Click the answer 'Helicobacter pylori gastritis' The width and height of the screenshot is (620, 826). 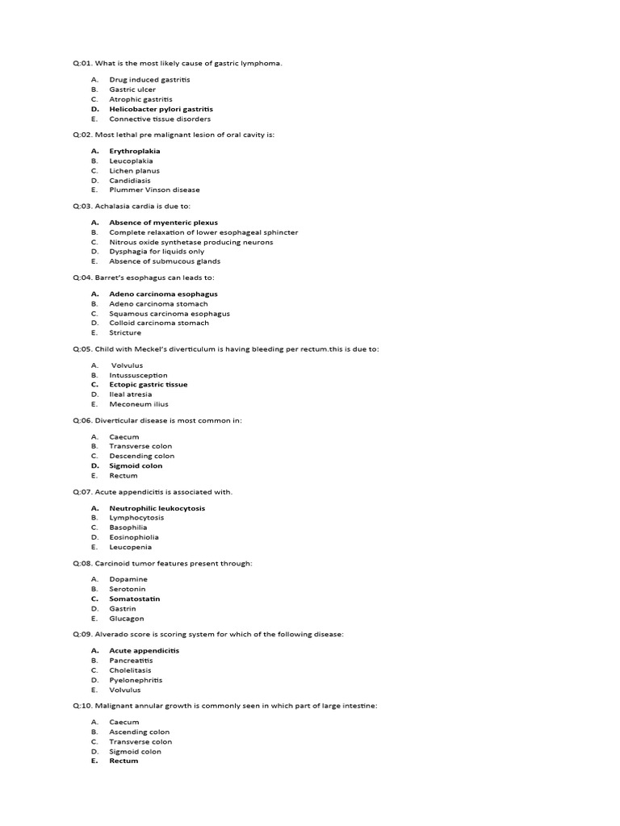(x=161, y=109)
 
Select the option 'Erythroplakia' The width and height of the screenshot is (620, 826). (x=135, y=151)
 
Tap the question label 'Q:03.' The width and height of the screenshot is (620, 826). (x=82, y=206)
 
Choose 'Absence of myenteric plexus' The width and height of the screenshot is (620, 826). (x=163, y=223)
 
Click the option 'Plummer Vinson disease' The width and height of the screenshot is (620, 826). (x=154, y=190)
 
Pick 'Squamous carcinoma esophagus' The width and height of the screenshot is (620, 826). (x=170, y=314)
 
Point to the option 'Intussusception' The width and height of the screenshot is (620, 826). (x=138, y=375)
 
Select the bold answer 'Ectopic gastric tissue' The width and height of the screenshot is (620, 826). (x=148, y=385)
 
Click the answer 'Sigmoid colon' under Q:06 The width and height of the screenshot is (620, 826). (x=136, y=465)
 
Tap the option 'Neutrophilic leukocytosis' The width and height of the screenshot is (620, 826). (x=157, y=508)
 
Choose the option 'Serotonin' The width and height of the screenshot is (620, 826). (x=128, y=589)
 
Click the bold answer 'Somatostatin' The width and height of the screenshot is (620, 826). (x=135, y=599)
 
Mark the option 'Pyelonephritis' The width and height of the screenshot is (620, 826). (x=136, y=680)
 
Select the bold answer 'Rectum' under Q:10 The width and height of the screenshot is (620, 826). (x=124, y=761)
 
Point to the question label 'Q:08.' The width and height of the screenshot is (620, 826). (x=82, y=563)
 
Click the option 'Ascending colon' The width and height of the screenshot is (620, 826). (x=140, y=732)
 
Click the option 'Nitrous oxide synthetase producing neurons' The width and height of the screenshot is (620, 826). (x=191, y=242)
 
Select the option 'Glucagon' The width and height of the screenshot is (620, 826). (x=127, y=619)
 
